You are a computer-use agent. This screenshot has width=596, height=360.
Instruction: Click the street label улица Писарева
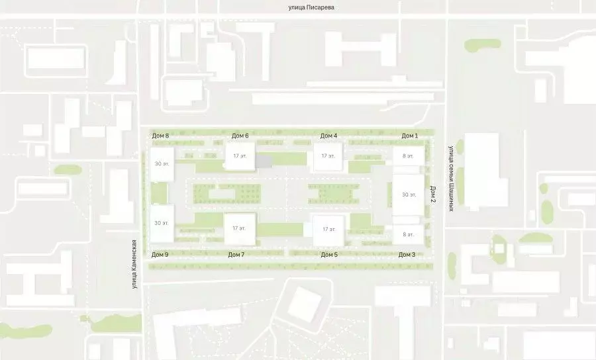304,7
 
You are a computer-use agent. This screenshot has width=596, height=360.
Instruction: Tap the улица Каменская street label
134,263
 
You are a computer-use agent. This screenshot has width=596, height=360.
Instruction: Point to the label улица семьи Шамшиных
450,177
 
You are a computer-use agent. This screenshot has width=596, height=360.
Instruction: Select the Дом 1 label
409,136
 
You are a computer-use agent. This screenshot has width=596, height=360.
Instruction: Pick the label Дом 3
407,254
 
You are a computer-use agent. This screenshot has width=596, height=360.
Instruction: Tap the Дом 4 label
328,136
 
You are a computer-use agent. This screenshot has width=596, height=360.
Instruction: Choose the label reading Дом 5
329,254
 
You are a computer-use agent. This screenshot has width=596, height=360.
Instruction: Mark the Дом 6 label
240,136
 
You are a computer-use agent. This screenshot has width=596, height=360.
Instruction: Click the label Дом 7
236,254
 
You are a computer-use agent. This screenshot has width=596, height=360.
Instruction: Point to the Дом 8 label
160,136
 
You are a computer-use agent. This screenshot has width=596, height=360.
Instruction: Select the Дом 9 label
160,254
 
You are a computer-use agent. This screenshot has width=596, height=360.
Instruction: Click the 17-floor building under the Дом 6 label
239,157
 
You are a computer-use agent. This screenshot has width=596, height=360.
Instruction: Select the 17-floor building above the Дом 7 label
240,228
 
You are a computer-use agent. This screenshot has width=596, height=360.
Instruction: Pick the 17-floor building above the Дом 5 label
328,229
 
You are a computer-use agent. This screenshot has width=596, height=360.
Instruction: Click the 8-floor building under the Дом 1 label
408,157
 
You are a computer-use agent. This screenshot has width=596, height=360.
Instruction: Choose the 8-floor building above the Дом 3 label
408,234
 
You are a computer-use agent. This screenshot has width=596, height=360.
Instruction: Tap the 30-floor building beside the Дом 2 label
408,195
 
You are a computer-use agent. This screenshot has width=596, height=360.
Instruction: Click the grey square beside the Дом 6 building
264,161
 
